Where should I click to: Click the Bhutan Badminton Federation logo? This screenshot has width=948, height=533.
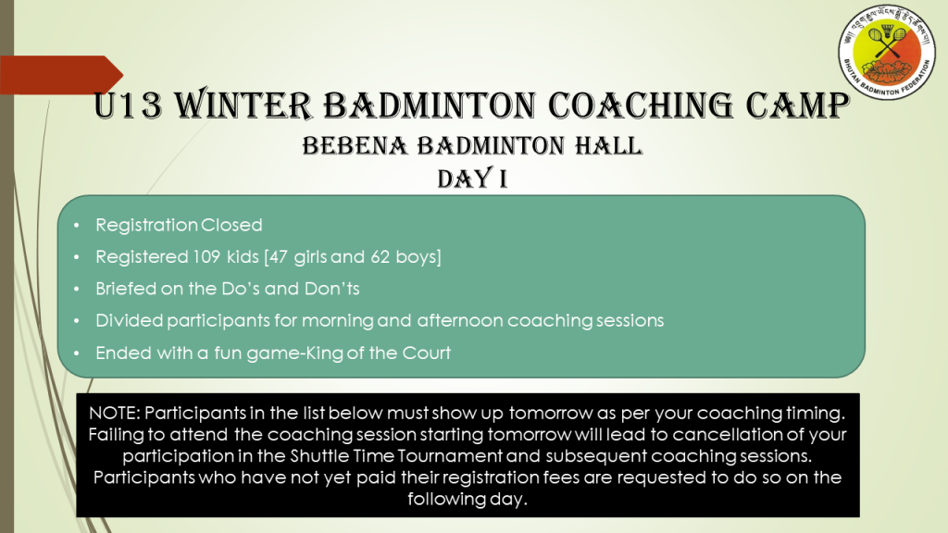886,52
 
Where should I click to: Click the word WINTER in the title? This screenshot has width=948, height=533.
243,105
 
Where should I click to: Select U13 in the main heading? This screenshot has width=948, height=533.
128,105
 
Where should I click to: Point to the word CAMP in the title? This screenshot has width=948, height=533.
797,105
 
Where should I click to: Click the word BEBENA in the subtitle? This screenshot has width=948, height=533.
355,146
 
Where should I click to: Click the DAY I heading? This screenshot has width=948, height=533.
472,179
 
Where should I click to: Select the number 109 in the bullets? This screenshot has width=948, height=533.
206,257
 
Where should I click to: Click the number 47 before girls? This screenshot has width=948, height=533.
278,257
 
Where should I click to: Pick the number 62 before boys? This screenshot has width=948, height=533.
380,257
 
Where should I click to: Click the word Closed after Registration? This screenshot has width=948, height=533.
231,225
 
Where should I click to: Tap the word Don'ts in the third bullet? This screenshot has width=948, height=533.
332,289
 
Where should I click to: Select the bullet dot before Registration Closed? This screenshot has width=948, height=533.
77,226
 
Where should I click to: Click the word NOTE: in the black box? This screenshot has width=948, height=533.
115,413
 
